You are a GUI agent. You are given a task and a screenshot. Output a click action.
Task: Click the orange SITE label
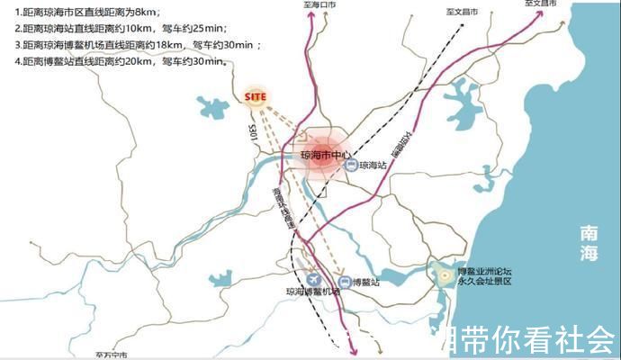tap(256, 96)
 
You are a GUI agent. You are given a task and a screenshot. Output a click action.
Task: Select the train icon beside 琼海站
tap(351, 165)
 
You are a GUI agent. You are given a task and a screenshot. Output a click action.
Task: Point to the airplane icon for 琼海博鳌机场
tap(312, 278)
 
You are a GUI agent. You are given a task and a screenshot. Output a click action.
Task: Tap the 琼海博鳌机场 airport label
tap(313, 292)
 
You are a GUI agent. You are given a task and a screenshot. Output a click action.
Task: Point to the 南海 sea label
tap(589, 244)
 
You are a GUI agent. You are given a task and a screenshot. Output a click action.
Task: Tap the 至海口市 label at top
tap(319, 5)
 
